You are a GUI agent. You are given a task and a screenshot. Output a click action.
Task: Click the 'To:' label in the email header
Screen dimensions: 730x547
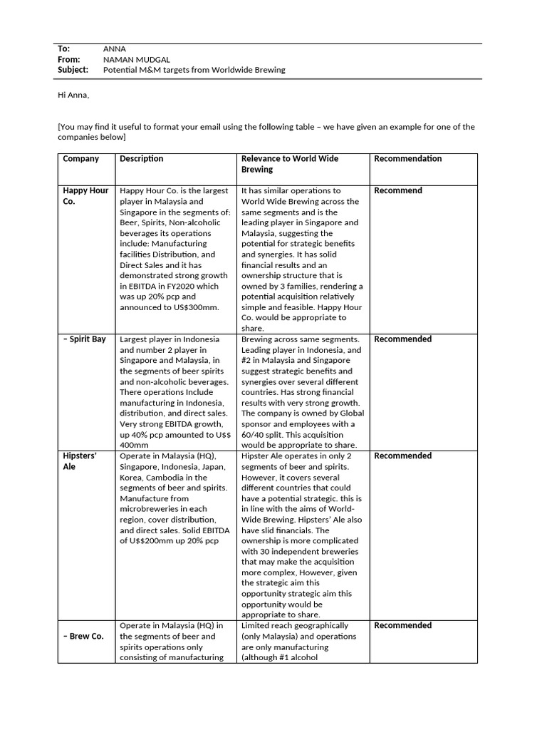click(x=63, y=48)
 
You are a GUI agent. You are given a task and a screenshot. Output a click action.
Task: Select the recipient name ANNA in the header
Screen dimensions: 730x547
click(x=115, y=48)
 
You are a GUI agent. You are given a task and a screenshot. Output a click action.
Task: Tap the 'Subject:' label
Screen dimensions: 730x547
click(x=73, y=70)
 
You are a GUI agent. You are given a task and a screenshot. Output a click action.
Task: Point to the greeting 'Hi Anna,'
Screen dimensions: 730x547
click(x=73, y=95)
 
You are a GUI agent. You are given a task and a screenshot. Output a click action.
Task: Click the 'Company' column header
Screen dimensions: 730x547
click(x=81, y=159)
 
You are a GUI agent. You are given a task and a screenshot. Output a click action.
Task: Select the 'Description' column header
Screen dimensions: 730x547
click(x=142, y=159)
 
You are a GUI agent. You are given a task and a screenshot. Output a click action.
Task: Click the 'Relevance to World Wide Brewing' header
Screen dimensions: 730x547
click(x=290, y=164)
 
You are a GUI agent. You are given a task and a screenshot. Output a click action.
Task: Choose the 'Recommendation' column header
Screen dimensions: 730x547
click(x=407, y=159)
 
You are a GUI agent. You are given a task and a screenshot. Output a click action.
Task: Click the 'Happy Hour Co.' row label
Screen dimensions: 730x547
click(x=85, y=196)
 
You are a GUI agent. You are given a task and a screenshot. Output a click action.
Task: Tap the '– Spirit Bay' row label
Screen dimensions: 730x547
click(x=85, y=339)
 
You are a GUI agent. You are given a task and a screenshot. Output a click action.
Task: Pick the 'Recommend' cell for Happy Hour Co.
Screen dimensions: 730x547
click(x=397, y=191)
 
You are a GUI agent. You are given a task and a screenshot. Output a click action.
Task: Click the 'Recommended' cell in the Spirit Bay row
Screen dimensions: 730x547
click(x=402, y=339)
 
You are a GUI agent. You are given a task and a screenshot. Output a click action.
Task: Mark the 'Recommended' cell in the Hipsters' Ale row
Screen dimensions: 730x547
click(x=402, y=456)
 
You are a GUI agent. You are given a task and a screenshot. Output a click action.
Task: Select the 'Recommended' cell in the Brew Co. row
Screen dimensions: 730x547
click(x=402, y=626)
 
